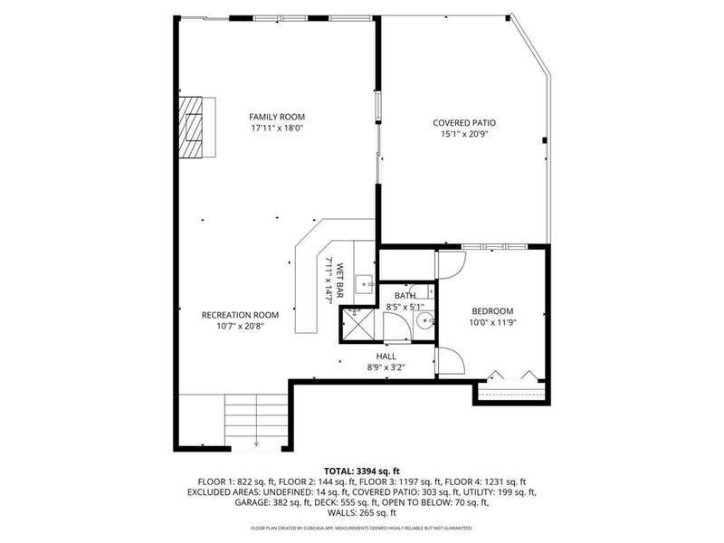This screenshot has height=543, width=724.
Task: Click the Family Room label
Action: [x=277, y=117]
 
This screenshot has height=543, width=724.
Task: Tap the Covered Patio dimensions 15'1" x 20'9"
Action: [x=464, y=134]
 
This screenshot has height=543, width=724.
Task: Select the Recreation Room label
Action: [x=240, y=315]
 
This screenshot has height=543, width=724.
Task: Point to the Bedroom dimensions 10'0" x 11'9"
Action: [x=492, y=323]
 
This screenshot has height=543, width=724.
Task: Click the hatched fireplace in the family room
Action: [x=191, y=128]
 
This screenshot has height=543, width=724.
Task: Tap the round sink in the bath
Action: [x=424, y=320]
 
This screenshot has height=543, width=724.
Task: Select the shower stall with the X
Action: [x=356, y=325]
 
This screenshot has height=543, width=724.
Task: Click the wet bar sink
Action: [x=366, y=282]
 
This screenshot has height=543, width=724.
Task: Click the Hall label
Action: [x=386, y=357]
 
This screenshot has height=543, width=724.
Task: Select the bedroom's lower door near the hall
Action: [x=450, y=361]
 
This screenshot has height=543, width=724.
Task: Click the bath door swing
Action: [x=397, y=328]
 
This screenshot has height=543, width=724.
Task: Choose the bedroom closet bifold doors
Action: [x=512, y=375]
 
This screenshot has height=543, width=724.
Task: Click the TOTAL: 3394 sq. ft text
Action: [x=361, y=472]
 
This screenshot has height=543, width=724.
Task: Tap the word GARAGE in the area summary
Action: [x=251, y=502]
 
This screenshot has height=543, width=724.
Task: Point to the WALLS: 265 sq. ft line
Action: [x=361, y=513]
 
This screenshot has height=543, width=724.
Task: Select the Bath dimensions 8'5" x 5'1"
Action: [x=405, y=306]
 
